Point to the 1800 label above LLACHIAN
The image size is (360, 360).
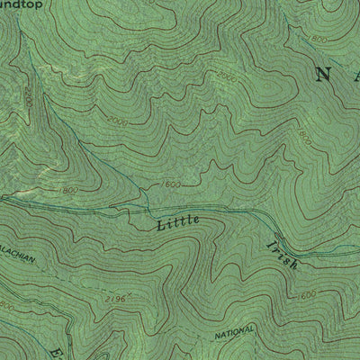[x=66, y=191]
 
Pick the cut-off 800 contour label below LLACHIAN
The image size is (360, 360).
[x=6, y=308]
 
